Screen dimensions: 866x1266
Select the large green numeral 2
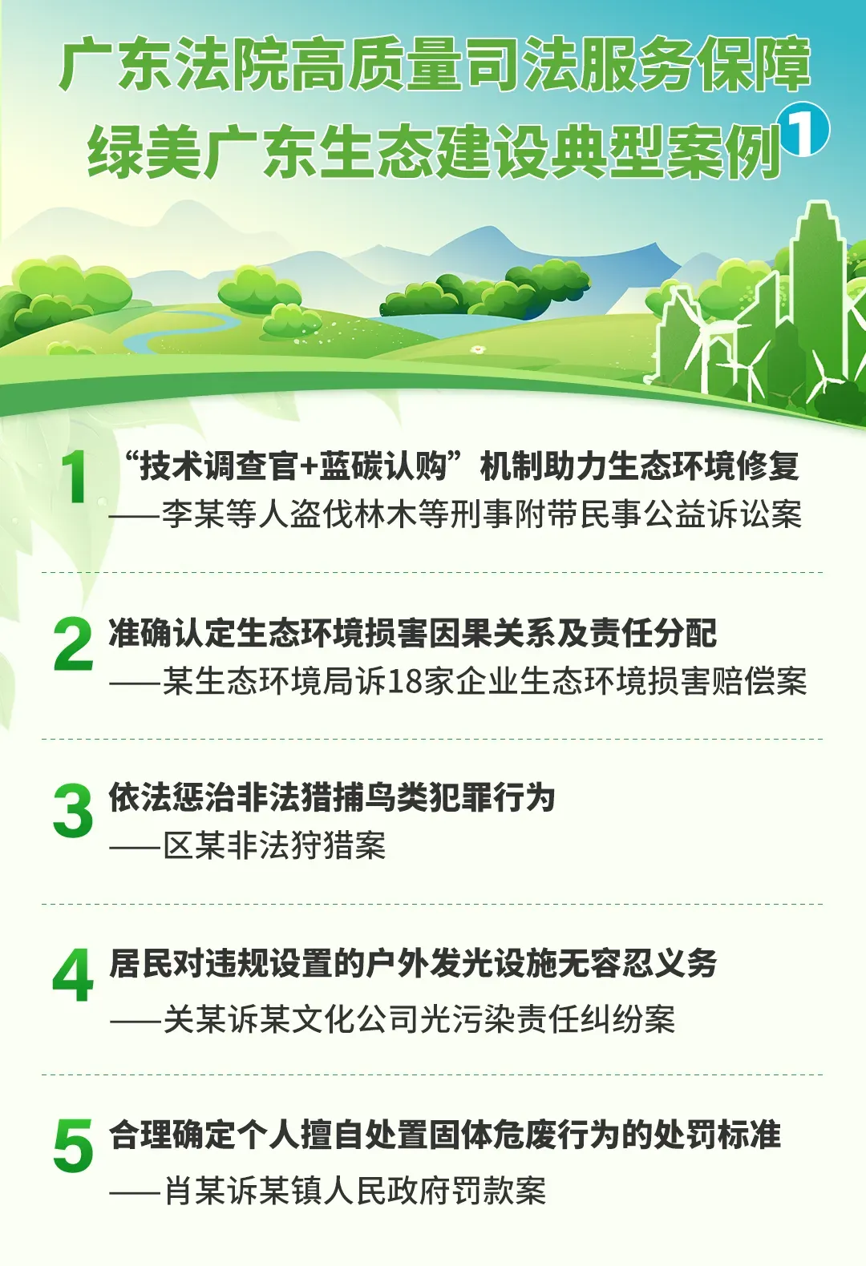coord(73,644)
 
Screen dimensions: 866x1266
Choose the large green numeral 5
coord(73,1143)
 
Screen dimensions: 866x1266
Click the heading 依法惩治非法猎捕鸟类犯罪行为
coord(331,797)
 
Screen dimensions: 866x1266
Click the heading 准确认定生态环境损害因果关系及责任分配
coord(412,632)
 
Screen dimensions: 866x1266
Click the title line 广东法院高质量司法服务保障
coord(435,67)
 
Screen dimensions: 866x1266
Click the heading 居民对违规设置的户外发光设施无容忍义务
coord(412,963)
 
